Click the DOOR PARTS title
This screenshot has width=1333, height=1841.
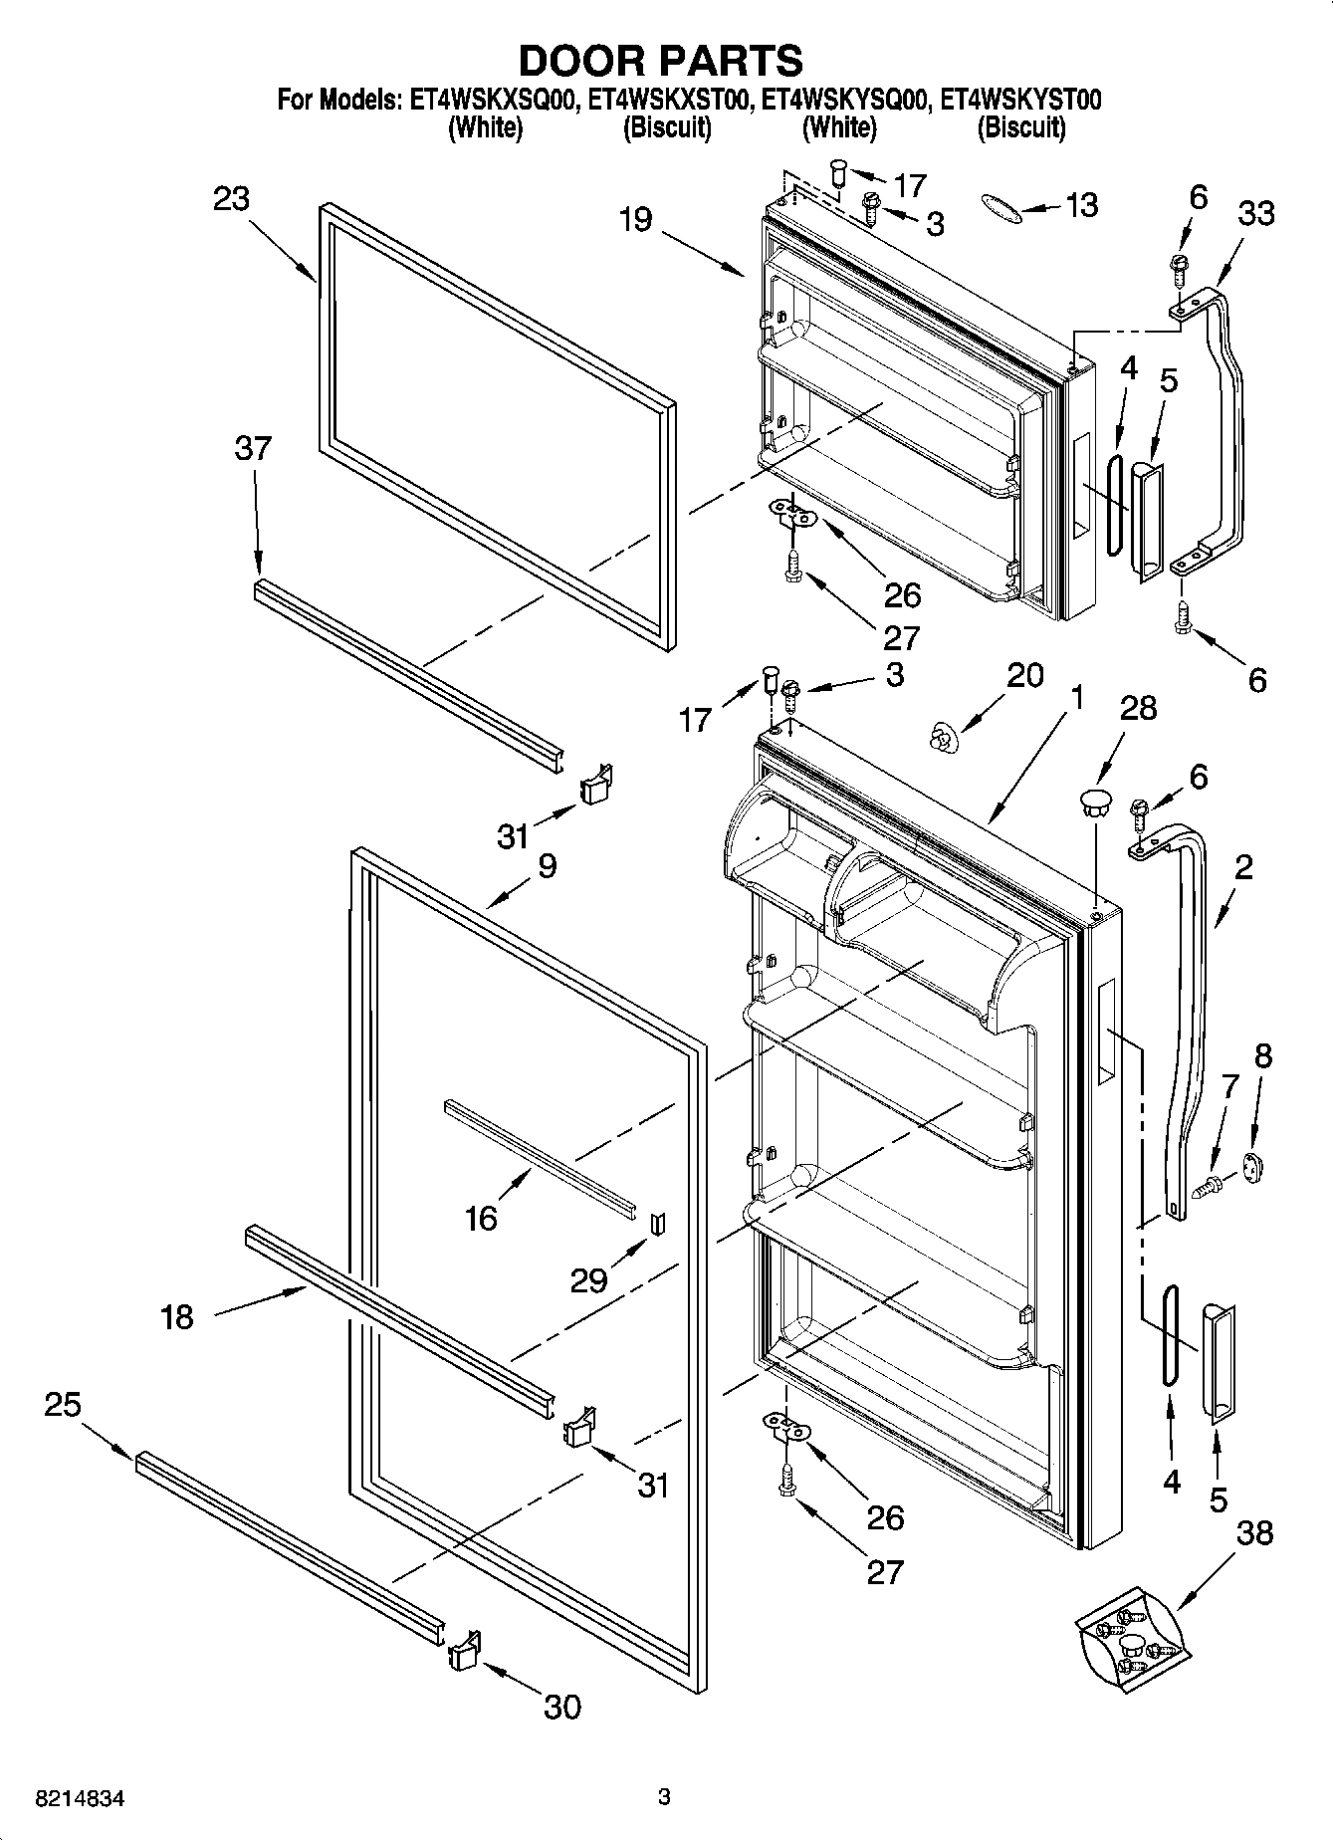pyautogui.click(x=661, y=61)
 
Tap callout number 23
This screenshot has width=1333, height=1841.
pyautogui.click(x=231, y=199)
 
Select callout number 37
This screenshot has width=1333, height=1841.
pyautogui.click(x=253, y=448)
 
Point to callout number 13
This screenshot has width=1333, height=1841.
pyautogui.click(x=1081, y=205)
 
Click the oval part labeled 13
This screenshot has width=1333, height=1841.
pyautogui.click(x=999, y=205)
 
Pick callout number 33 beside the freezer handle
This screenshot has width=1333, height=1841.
pyautogui.click(x=1256, y=213)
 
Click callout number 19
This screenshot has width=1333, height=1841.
pyautogui.click(x=635, y=219)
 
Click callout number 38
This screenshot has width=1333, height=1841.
pyautogui.click(x=1254, y=1533)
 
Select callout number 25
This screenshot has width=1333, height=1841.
pyautogui.click(x=62, y=1405)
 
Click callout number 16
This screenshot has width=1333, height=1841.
pyautogui.click(x=481, y=1217)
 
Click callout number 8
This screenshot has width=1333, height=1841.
pyautogui.click(x=1262, y=1055)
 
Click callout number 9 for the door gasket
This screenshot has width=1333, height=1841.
pyautogui.click(x=548, y=865)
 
